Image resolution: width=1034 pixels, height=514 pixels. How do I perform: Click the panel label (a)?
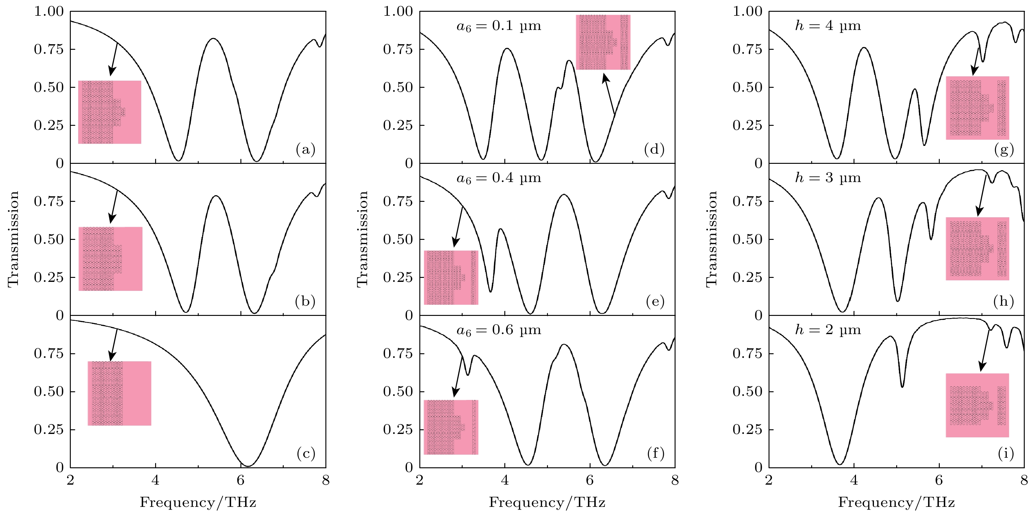coord(305,150)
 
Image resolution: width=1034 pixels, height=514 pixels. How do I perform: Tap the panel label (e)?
coord(655,302)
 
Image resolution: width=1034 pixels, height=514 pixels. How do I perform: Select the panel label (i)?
coord(1006,454)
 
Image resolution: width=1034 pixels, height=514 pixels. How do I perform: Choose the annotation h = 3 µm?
coord(828,178)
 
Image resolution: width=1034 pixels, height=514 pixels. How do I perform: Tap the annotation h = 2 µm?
coord(828,330)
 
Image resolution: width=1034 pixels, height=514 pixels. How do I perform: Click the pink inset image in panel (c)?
coord(120,393)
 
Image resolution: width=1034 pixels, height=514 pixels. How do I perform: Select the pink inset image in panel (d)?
coord(603,42)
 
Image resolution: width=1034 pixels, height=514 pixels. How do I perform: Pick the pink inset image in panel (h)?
coord(977,249)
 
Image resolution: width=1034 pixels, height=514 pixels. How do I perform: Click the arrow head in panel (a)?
coord(111,72)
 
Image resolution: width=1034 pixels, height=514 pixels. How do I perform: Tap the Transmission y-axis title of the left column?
coord(14,239)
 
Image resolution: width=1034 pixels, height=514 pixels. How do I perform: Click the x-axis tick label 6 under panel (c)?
coord(240,480)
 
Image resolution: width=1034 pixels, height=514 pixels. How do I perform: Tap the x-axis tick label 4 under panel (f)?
coord(505,480)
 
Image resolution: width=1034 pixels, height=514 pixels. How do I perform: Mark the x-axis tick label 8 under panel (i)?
coord(1024,480)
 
